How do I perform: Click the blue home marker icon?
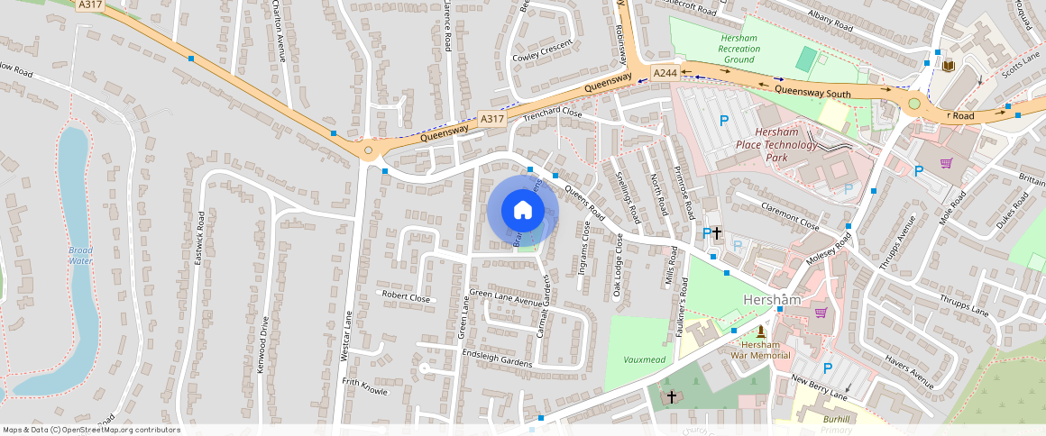coord(523,210)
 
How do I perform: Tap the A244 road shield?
coord(665,73)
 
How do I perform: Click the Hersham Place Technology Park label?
coord(776,145)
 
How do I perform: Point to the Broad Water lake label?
coord(80,256)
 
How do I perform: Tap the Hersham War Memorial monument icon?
coord(760,332)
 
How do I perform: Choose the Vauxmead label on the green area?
coord(644,359)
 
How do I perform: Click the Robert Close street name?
coord(406,295)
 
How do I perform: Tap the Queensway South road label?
coord(812,91)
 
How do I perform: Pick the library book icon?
coord(948,66)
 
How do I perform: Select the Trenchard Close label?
coord(553,114)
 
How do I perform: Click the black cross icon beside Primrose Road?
coord(717,233)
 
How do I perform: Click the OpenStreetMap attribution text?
coord(91,430)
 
